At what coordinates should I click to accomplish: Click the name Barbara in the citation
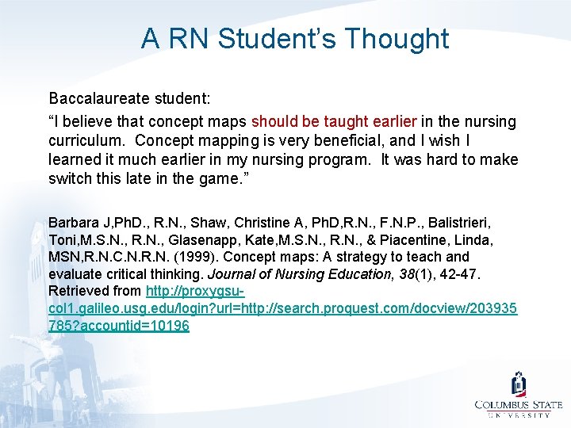(74, 220)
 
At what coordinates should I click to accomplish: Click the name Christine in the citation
(245, 220)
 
